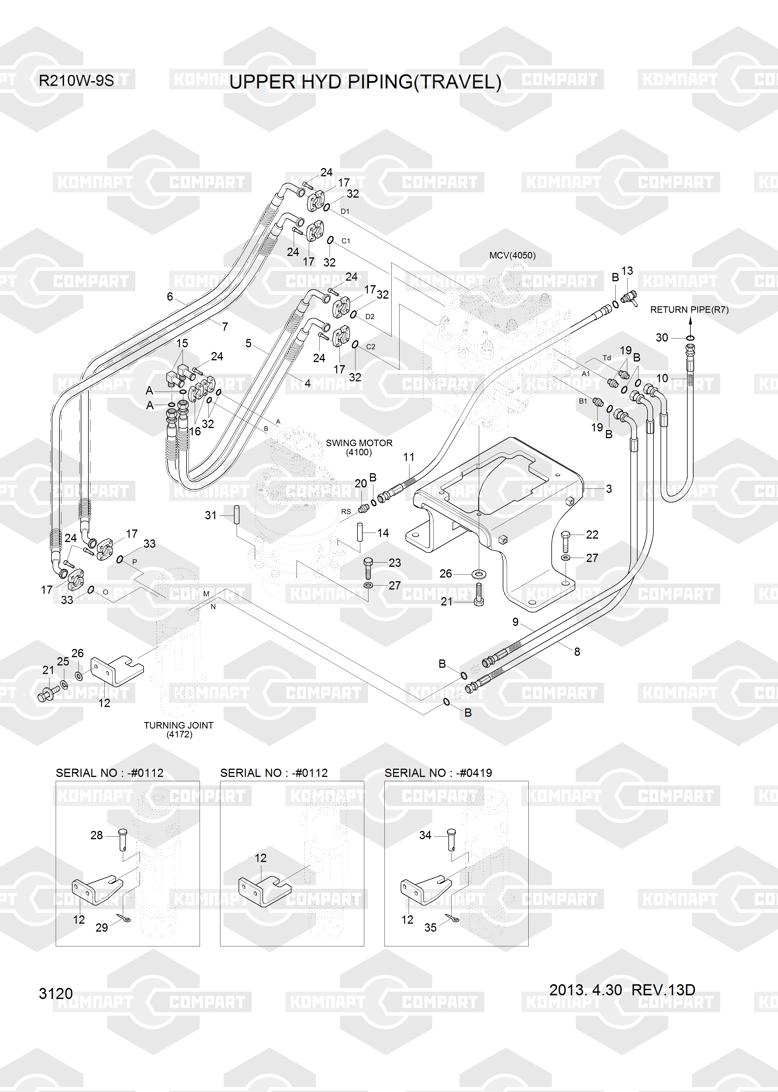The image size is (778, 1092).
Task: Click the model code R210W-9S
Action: [76, 80]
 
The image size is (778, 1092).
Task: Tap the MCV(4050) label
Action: [512, 255]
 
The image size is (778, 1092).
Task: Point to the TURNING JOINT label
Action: [178, 725]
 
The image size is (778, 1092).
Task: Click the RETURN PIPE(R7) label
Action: [689, 310]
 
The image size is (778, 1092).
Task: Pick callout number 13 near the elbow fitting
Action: [627, 271]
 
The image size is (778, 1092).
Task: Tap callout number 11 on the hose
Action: [409, 457]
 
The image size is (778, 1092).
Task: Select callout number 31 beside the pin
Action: [210, 515]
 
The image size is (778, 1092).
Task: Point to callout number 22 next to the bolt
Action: [592, 535]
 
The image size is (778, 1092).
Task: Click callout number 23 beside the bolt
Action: [394, 563]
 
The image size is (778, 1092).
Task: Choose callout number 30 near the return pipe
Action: [662, 338]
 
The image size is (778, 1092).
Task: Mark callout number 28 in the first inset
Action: [96, 835]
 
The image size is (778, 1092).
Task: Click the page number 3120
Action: [55, 994]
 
